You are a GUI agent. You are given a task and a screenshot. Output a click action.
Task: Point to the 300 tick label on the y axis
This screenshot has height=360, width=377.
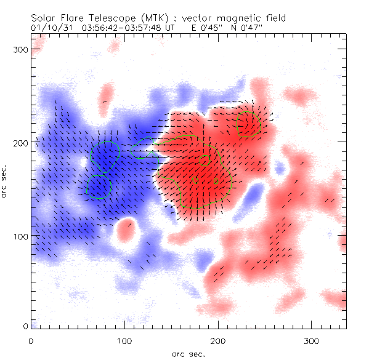(21, 49)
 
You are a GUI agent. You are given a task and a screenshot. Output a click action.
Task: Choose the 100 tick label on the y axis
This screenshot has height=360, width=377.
(21, 236)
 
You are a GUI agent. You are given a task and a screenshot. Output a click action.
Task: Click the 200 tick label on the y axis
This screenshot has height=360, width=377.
(21, 143)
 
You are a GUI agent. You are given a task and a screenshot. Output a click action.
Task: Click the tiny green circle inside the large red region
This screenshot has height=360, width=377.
(205, 160)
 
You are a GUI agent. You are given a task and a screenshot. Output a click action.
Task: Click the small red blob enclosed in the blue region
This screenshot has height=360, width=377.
(127, 230)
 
